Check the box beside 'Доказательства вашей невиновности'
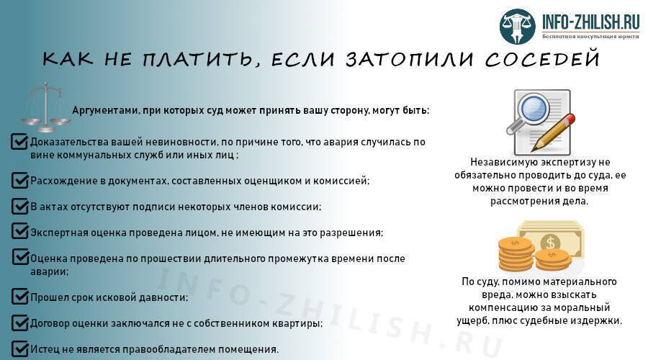(x=20, y=142)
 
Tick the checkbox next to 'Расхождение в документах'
(x=20, y=179)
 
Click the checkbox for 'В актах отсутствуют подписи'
(x=20, y=206)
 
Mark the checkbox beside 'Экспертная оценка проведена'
(x=20, y=232)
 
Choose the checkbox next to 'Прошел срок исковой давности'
(x=20, y=296)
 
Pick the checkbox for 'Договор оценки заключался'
(x=20, y=323)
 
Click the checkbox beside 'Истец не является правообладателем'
(x=20, y=348)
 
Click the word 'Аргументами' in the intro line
(x=102, y=110)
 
